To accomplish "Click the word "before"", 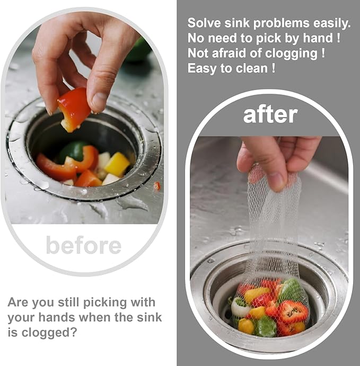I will pos(83,245).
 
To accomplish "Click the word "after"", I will pos(270,115).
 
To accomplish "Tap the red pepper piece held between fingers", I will pos(74,109).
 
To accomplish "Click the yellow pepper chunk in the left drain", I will pos(117,164).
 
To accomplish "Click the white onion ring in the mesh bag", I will pos(240,307).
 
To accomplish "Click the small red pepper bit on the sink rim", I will pos(156,185).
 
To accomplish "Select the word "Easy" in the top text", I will pos(200,68).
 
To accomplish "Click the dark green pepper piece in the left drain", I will pos(72,152).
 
